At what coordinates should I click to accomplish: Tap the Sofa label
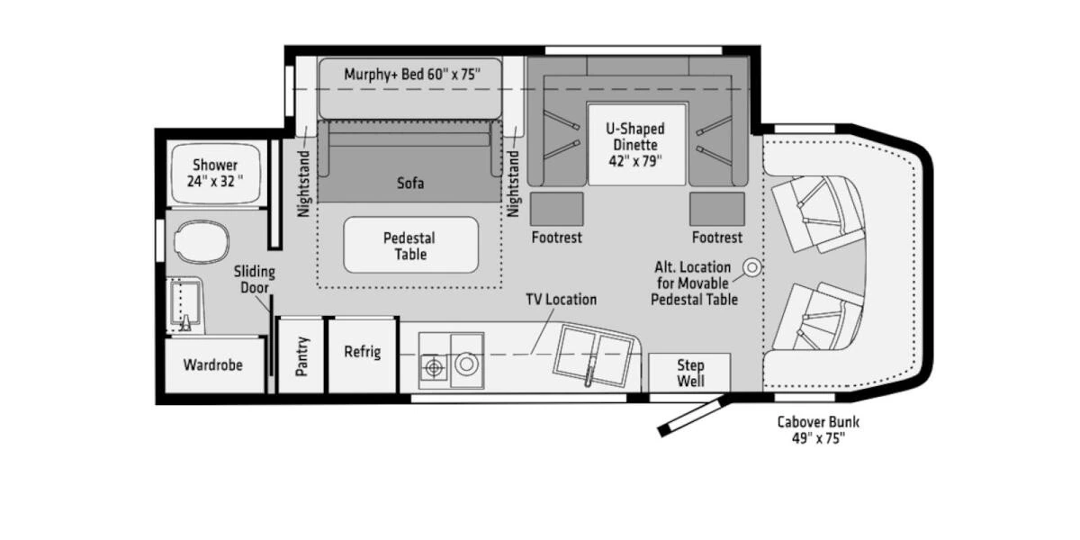click(409, 184)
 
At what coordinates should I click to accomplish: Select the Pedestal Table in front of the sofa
click(409, 246)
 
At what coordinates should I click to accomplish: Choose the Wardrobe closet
click(213, 365)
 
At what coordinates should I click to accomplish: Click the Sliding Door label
click(255, 280)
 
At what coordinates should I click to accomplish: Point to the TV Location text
click(561, 300)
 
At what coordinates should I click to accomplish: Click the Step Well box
click(689, 373)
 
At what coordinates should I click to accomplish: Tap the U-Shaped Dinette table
click(638, 144)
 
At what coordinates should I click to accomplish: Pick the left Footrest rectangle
click(555, 209)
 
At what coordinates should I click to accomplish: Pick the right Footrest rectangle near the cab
click(717, 209)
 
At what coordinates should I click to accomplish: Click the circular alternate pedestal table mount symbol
click(751, 267)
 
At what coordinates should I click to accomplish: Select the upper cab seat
click(814, 212)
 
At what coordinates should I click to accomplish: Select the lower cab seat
click(814, 319)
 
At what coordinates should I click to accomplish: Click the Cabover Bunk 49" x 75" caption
click(811, 430)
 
